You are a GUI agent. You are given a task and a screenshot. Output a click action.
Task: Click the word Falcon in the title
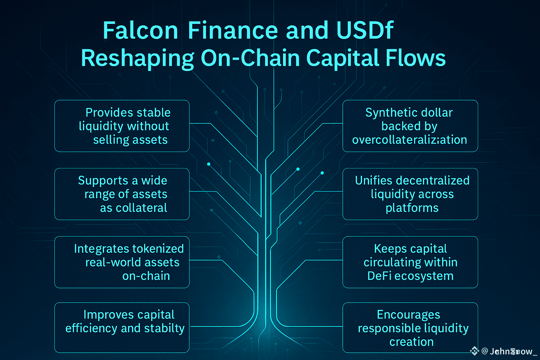(141, 31)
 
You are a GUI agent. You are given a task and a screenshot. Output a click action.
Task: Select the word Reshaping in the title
(137, 58)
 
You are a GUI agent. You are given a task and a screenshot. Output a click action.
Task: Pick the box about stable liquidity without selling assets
(122, 126)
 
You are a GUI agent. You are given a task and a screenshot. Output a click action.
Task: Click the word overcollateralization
(410, 140)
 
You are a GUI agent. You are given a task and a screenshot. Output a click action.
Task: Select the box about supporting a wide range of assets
(122, 194)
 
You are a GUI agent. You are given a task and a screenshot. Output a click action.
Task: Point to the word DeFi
(379, 276)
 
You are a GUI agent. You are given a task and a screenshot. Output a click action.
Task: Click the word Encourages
(408, 315)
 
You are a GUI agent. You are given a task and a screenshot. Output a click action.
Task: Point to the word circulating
(391, 263)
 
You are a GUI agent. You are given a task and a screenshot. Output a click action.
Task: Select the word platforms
(412, 208)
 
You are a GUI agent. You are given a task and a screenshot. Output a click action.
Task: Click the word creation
(411, 342)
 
